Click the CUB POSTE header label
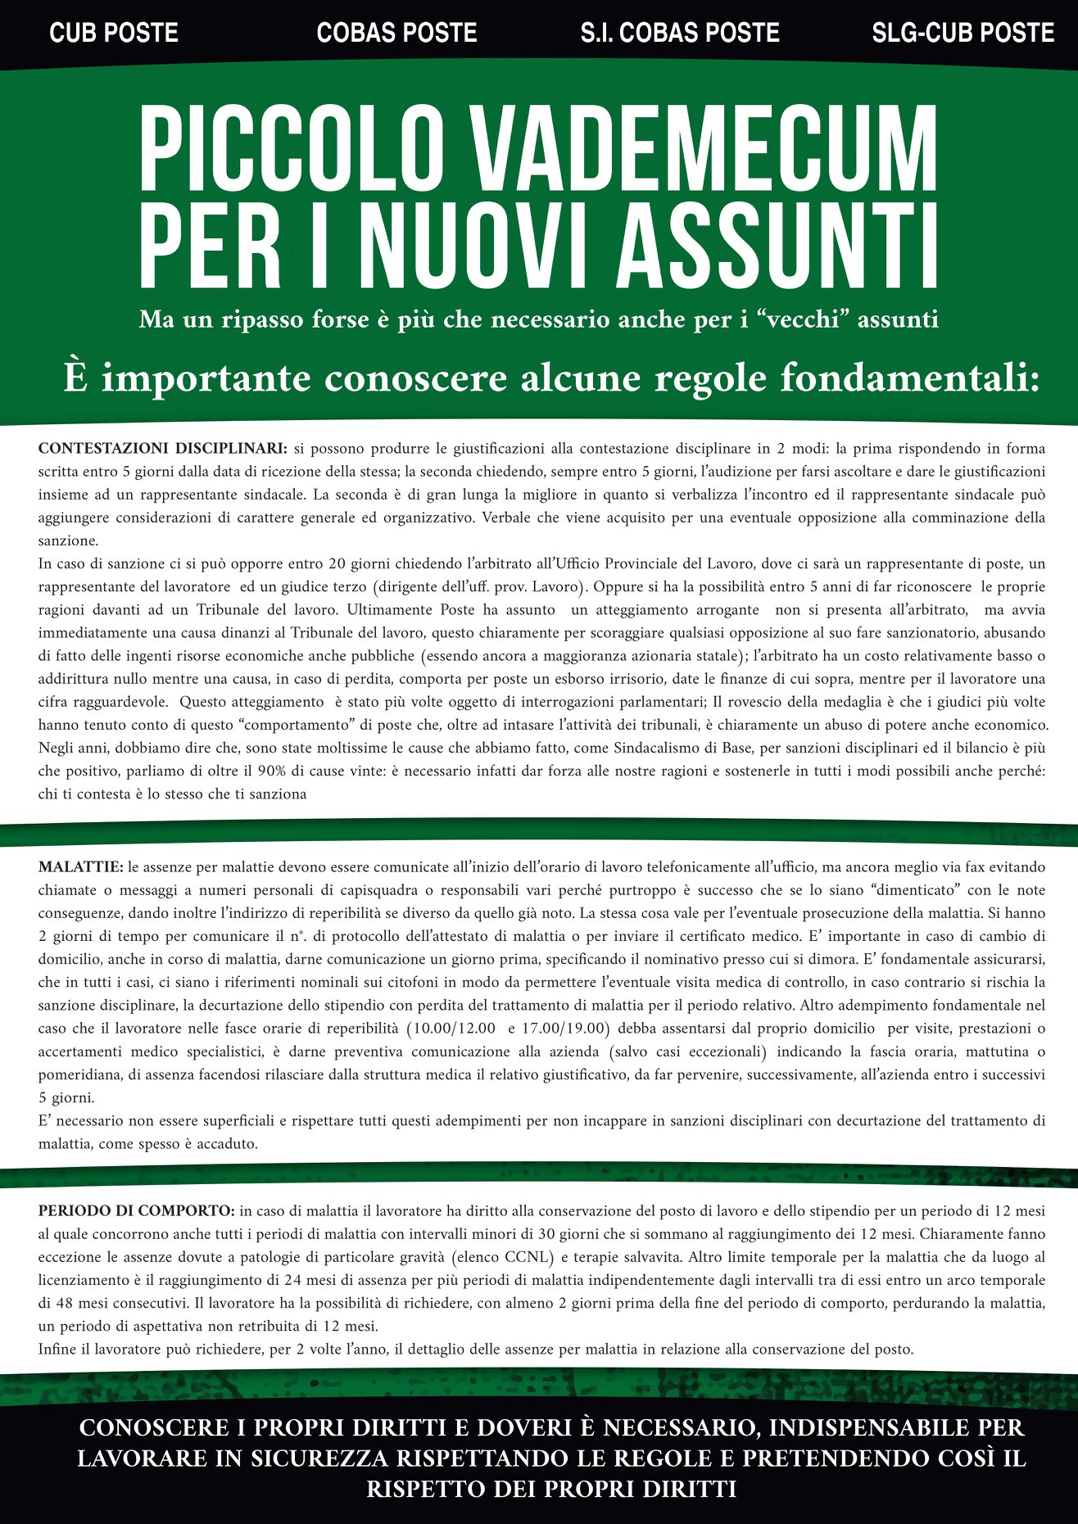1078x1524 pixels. pos(114,33)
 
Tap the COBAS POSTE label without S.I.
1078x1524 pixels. pos(396,33)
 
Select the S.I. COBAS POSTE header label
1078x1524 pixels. pos(680,33)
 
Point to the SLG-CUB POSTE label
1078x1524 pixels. pos(962,33)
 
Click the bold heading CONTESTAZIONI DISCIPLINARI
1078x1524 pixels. pos(162,448)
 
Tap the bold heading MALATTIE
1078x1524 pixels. pos(80,866)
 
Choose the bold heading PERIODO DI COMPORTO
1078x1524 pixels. pos(136,1210)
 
